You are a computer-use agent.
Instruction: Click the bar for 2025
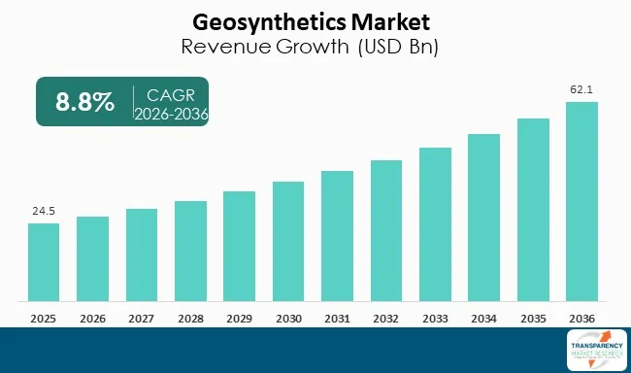coord(44,261)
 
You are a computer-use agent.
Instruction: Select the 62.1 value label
coord(581,88)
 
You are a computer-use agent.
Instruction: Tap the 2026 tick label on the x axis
coord(92,318)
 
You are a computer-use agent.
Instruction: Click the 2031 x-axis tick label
coord(337,318)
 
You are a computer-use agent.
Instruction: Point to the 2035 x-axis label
coord(533,318)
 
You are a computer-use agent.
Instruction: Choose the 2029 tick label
coord(239,318)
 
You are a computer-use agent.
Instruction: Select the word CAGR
coord(172,93)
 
